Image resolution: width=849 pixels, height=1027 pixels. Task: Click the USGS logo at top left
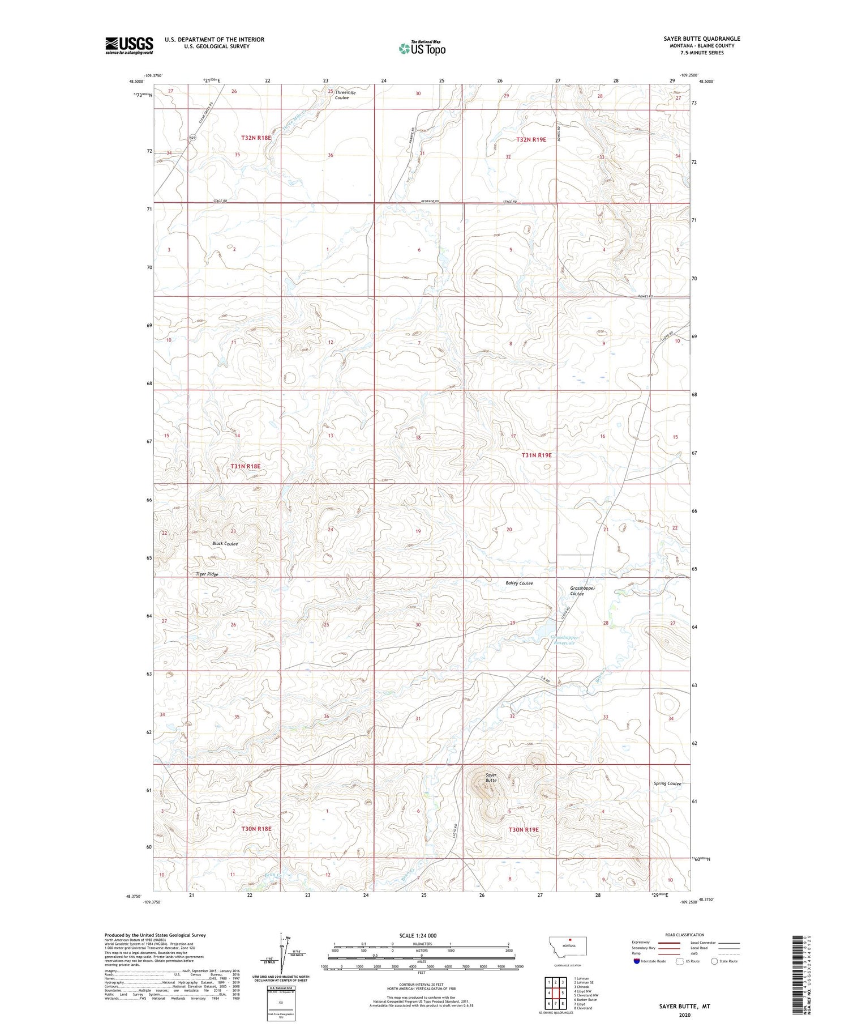[128, 45]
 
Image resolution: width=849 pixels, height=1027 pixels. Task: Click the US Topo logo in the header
[422, 49]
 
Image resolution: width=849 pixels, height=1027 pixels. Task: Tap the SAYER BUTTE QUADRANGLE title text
[701, 39]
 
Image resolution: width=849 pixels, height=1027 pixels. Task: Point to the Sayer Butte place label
[490, 777]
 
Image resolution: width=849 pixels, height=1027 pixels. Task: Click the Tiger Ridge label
[207, 574]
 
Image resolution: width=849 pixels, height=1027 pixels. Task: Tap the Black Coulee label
[225, 543]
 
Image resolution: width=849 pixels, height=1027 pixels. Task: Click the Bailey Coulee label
[518, 583]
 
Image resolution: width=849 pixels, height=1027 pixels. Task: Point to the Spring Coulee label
[667, 783]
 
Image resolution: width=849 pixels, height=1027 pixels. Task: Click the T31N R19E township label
[536, 455]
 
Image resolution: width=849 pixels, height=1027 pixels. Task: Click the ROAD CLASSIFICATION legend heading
[684, 935]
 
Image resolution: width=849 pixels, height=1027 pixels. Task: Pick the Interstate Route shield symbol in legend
[637, 961]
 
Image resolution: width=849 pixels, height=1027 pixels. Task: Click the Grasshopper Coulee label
[582, 591]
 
